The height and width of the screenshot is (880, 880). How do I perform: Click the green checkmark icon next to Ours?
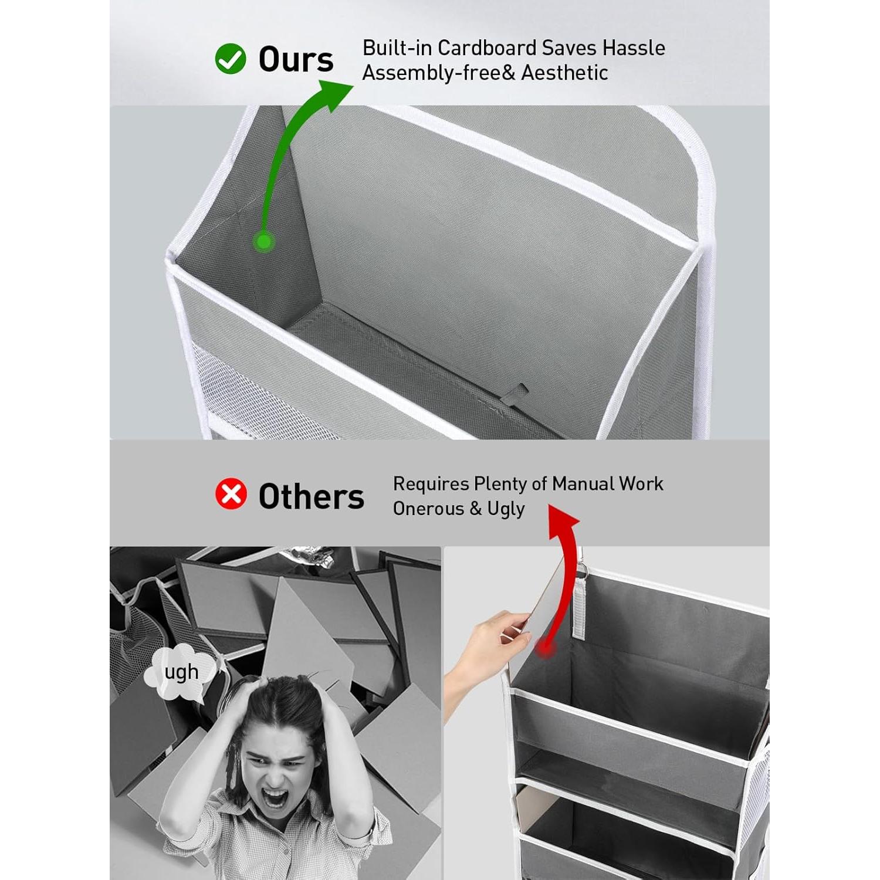coord(230,59)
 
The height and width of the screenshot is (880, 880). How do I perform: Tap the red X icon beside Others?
coord(231,493)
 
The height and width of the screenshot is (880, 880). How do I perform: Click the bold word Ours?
coord(296,59)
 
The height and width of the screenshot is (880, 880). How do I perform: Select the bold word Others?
coord(311,496)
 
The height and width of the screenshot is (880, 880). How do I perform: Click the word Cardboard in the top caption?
coord(488,48)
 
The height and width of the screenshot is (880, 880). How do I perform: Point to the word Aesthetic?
coord(564,73)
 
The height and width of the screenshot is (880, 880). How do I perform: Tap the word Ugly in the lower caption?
coord(506,509)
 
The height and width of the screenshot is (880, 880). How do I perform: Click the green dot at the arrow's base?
coord(264,241)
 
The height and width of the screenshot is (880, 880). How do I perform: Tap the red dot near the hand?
coord(545,648)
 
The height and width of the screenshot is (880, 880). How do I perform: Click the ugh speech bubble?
coord(180,672)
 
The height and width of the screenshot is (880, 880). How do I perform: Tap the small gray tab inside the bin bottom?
coord(516,393)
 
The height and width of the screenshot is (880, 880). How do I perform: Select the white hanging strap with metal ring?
coord(581,604)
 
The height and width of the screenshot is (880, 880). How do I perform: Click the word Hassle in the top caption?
coord(634,48)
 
